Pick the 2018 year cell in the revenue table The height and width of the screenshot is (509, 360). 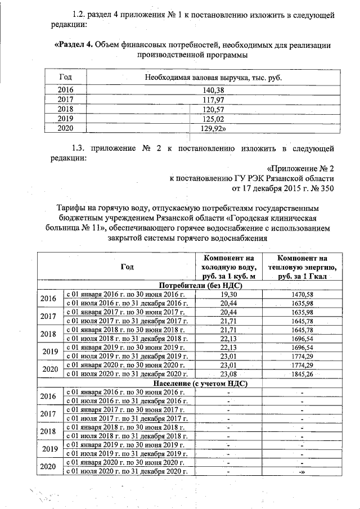point(66,109)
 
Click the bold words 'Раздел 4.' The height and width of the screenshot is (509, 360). point(73,45)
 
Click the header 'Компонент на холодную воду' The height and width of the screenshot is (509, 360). point(228,266)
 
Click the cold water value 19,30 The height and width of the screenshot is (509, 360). point(228,294)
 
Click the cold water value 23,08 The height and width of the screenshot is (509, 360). point(228,374)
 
